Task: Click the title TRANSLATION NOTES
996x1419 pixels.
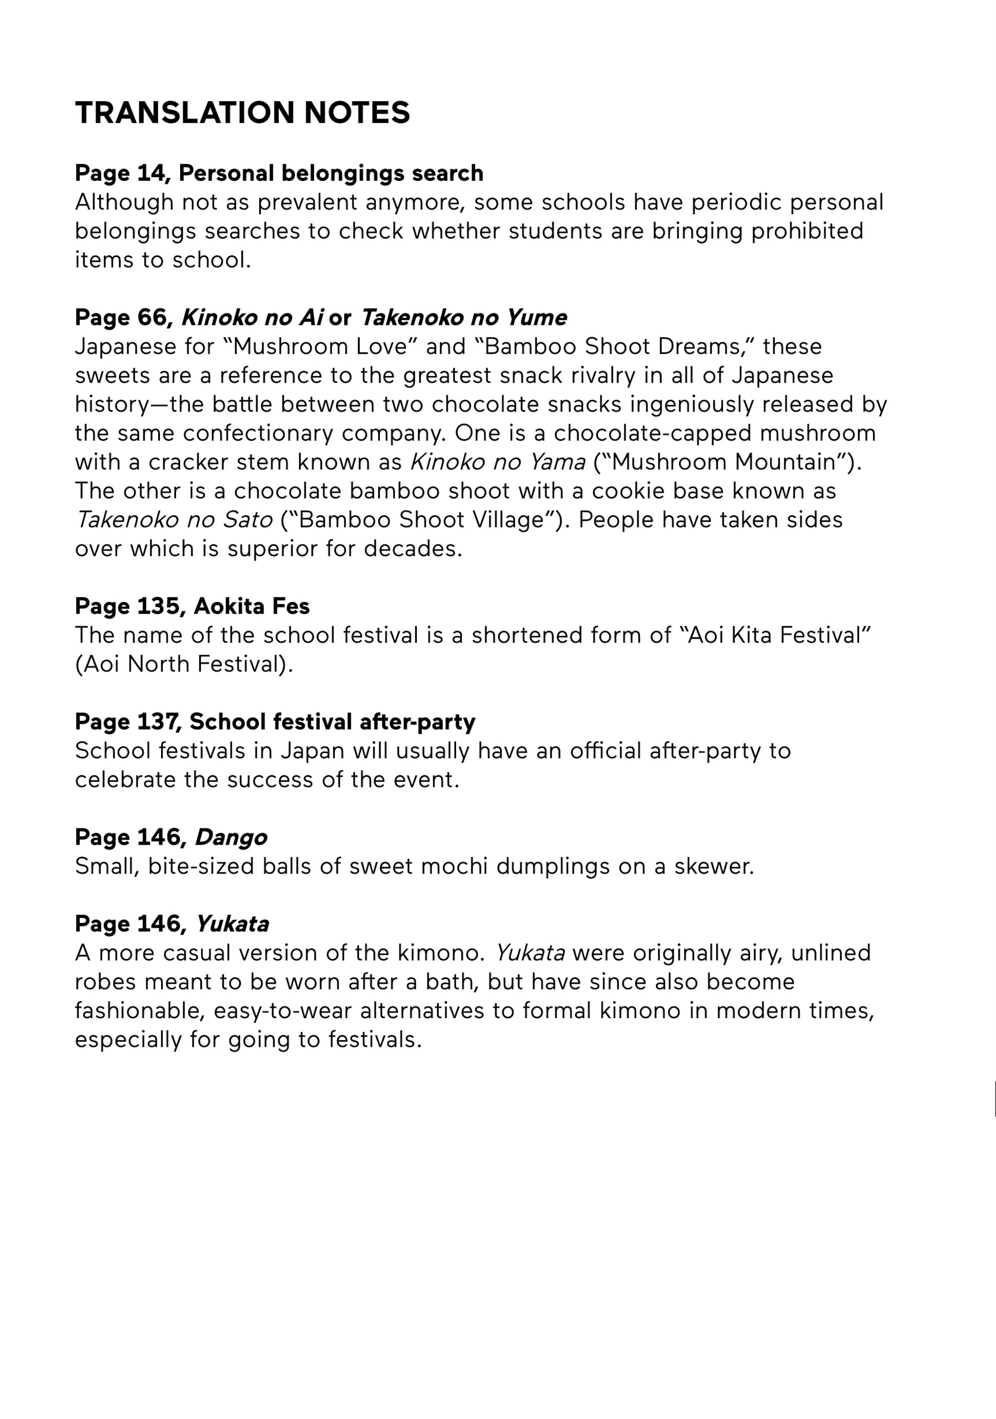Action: click(242, 112)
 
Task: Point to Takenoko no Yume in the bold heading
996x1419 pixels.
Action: click(463, 318)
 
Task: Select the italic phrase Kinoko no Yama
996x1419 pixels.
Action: click(498, 462)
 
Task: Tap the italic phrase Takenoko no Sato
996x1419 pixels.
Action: click(174, 520)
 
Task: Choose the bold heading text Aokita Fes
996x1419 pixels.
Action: click(252, 606)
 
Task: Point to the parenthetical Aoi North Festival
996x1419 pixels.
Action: click(184, 664)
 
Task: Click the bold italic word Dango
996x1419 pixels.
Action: click(231, 837)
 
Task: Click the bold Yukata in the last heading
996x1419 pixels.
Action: click(232, 924)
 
